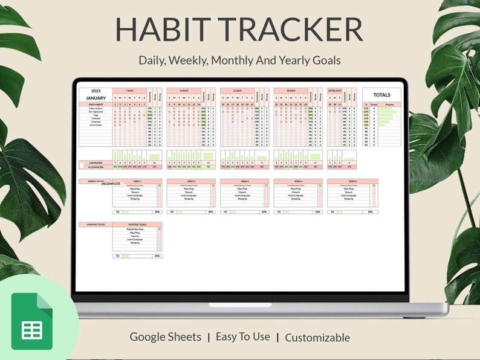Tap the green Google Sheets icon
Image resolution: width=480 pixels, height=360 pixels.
(32, 321)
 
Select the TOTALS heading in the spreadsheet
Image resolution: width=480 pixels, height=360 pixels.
(381, 95)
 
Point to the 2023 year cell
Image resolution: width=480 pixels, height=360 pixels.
(95, 91)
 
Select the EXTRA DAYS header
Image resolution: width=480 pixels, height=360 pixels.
(334, 91)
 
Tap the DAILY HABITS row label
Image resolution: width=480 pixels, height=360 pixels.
(95, 104)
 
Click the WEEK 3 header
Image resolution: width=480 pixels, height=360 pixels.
(244, 181)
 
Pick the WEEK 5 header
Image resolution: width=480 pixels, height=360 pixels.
(352, 181)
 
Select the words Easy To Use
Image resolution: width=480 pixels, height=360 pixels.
(243, 337)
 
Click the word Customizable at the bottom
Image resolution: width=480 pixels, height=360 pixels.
(317, 338)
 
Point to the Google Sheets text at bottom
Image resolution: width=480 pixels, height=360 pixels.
(166, 337)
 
